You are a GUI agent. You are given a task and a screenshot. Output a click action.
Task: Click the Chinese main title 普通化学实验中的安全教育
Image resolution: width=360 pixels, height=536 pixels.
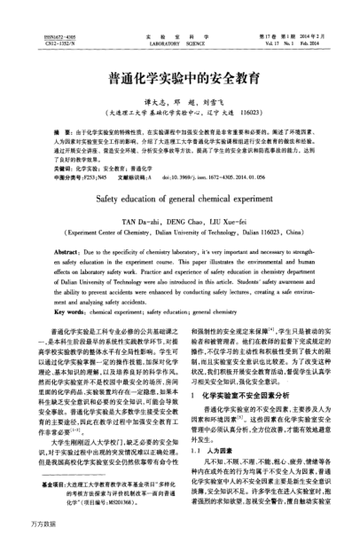[180, 78]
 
